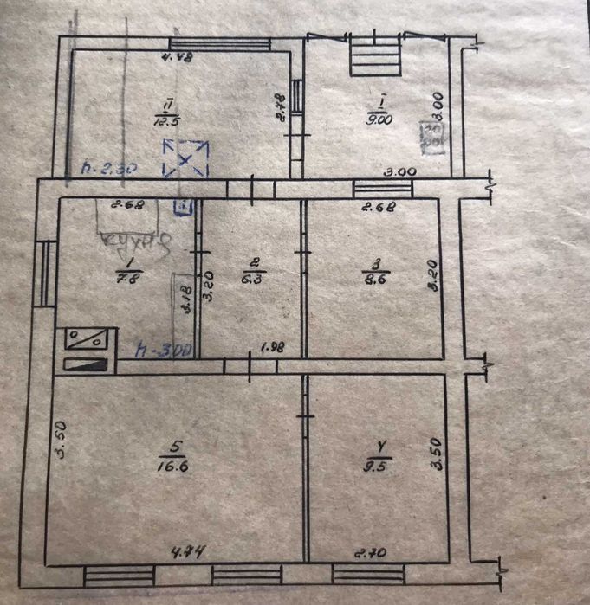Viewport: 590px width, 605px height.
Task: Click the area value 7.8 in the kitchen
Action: (x=127, y=276)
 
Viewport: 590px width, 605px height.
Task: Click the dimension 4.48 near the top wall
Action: (x=178, y=58)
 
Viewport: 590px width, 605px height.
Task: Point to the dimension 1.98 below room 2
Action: (x=273, y=349)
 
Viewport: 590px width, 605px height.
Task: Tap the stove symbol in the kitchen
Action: (x=87, y=350)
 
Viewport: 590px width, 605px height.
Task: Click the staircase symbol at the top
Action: (x=375, y=55)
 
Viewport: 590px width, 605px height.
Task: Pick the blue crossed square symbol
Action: (x=186, y=159)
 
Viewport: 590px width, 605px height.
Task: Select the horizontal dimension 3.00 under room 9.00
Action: (x=400, y=171)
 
